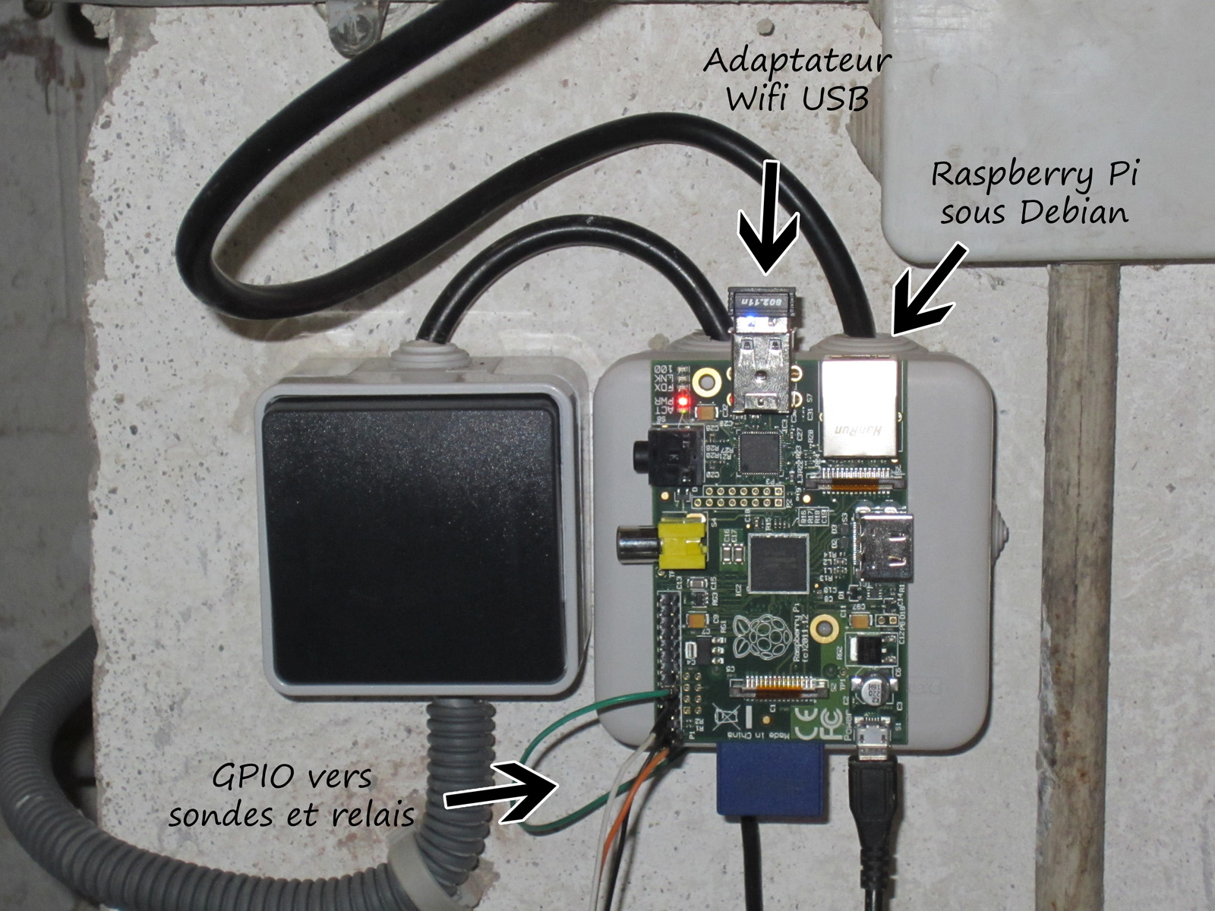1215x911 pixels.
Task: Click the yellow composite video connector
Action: coord(681,542)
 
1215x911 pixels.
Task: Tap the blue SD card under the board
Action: coord(770,778)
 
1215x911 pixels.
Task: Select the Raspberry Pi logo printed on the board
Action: coord(755,635)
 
